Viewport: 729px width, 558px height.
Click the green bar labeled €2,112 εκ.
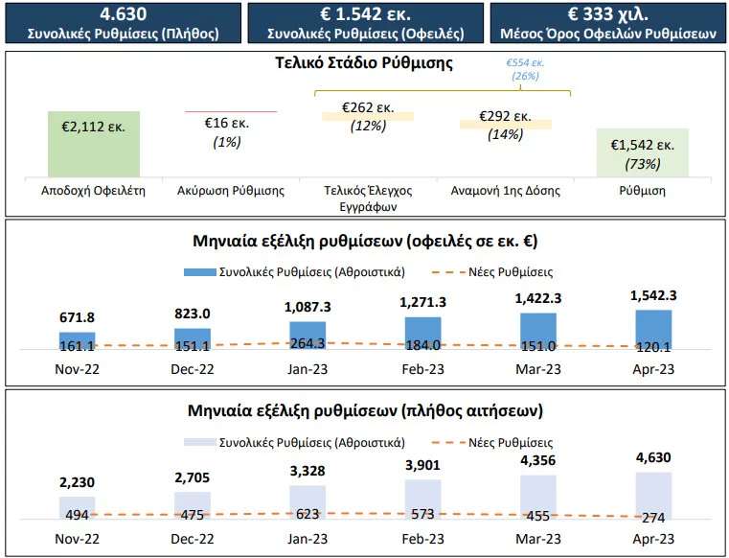pos(94,143)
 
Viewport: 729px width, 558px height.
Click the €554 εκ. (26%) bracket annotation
pos(524,69)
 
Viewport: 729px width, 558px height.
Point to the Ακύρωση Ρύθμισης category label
pos(231,191)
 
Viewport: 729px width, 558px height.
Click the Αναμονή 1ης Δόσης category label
pos(505,191)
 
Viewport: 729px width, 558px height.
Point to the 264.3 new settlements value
pos(308,344)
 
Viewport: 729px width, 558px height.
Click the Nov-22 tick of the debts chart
pos(77,368)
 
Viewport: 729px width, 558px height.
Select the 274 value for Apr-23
pos(653,518)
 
